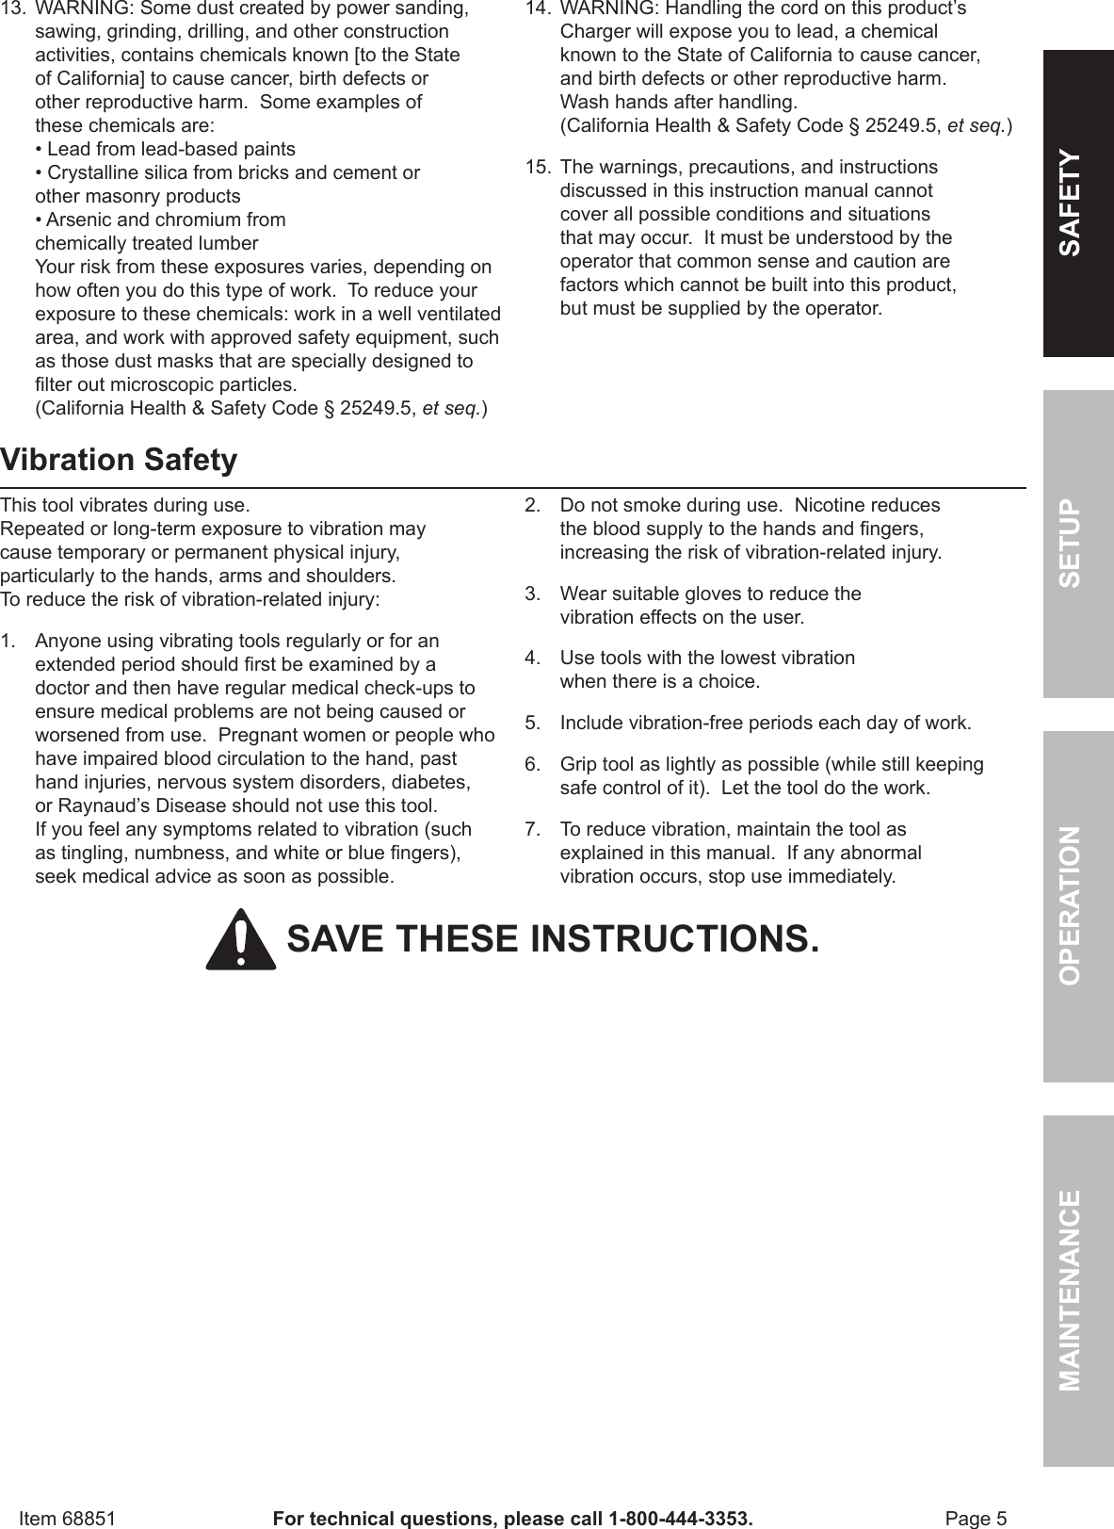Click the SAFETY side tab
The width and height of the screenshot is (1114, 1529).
1077,203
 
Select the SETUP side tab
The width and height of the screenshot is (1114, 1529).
1077,545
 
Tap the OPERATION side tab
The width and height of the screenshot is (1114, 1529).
1077,905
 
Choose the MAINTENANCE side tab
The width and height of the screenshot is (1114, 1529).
1077,1290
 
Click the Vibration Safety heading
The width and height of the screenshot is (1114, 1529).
119,461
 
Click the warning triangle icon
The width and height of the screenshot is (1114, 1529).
241,940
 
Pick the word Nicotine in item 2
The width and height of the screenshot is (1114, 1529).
828,506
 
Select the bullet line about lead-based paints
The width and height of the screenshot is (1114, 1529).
166,150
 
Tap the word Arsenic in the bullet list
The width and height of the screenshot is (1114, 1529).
78,220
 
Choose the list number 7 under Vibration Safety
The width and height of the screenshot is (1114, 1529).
532,830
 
